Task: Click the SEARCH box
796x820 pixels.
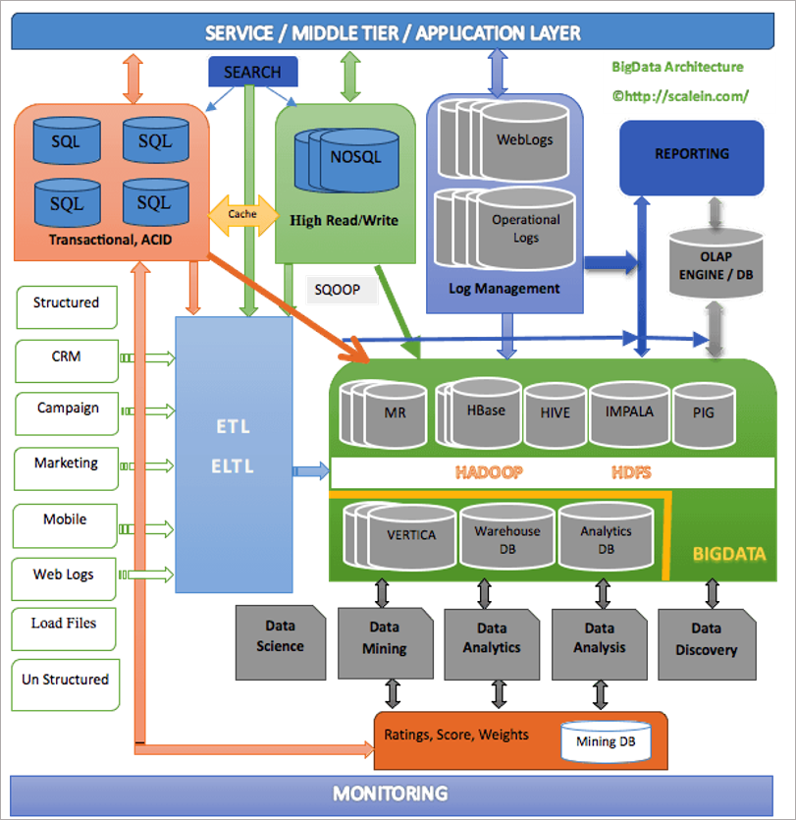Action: coord(253,72)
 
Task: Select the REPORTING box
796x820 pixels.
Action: coord(691,157)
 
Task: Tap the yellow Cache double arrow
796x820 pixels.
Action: coord(243,215)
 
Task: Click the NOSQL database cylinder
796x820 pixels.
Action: coord(359,160)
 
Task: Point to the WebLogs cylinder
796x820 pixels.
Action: coord(524,141)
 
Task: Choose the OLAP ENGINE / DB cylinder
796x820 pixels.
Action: coord(716,263)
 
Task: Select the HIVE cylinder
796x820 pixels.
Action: coord(556,414)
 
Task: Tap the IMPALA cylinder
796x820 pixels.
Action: coord(629,413)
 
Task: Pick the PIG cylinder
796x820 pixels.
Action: coord(704,414)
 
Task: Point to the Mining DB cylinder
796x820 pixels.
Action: coord(606,741)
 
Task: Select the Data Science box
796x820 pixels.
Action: coord(281,642)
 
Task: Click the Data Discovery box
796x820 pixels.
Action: coord(707,644)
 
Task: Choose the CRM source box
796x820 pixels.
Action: coord(67,360)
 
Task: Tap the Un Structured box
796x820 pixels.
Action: coord(66,684)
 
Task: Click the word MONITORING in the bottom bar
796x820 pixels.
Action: coord(391,793)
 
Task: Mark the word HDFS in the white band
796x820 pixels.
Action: coord(631,472)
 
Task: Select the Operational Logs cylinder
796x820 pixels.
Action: coord(526,229)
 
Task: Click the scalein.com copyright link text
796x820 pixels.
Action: coord(680,96)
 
